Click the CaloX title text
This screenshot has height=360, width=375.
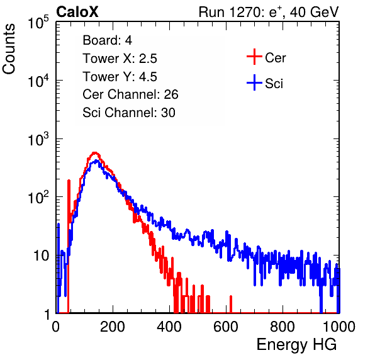[77, 12]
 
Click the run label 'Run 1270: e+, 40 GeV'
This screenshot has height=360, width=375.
[269, 12]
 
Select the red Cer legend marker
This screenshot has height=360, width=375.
[254, 57]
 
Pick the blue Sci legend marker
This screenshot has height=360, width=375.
[254, 82]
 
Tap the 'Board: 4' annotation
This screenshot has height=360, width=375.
[107, 40]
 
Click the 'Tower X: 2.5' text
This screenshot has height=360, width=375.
[120, 59]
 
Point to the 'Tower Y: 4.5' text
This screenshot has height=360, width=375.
[120, 77]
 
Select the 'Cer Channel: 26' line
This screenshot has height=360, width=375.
[130, 94]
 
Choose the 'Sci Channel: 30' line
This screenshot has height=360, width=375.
[129, 113]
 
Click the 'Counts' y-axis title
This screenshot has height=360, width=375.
[9, 49]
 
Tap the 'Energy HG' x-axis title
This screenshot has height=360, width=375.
[296, 344]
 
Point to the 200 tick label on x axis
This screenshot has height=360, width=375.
[113, 327]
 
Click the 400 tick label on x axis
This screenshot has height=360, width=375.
[169, 327]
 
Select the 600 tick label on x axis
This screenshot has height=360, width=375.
[226, 327]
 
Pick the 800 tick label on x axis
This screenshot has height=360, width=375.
[283, 327]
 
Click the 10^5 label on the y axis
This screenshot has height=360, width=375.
[38, 22]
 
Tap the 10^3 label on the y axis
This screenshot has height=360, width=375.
[38, 138]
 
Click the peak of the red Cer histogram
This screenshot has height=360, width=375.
[95, 152]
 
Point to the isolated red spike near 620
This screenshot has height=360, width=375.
[231, 304]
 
